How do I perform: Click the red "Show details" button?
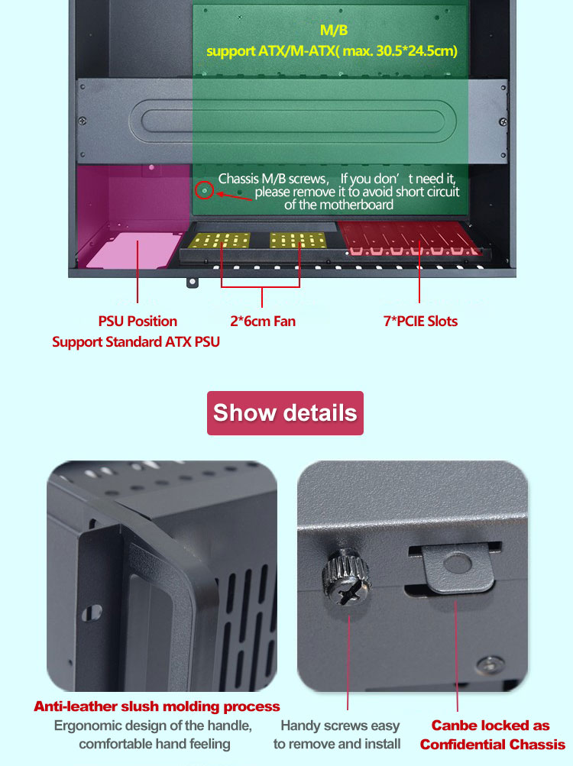click(285, 413)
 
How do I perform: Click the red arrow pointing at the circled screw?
click(235, 196)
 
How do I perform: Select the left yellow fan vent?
click(219, 241)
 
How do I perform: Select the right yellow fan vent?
click(298, 240)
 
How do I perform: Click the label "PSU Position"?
click(138, 322)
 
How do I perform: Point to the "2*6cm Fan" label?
click(263, 322)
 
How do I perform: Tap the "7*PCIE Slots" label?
click(420, 322)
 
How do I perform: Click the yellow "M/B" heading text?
click(334, 31)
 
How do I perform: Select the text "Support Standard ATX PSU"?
click(136, 342)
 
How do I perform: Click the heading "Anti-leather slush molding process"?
click(157, 706)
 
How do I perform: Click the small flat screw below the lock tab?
click(490, 664)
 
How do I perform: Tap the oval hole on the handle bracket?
click(92, 612)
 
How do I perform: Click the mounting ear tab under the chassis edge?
click(193, 283)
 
